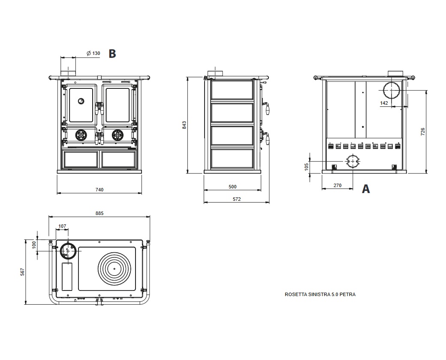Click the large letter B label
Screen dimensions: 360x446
[x=112, y=54]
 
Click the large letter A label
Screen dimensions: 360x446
[x=366, y=189]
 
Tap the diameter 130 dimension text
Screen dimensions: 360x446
[x=93, y=53]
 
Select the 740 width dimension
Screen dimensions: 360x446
[x=99, y=189]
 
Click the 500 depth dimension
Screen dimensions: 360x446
[x=232, y=187]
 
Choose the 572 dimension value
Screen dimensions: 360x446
[x=236, y=199]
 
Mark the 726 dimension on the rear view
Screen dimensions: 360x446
[x=423, y=131]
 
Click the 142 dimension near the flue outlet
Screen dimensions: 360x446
[x=384, y=103]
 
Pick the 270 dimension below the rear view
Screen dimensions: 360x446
[x=337, y=186]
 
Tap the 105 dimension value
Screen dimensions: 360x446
[x=307, y=166]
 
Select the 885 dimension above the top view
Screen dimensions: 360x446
[x=99, y=213]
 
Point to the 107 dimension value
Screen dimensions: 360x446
[x=62, y=226]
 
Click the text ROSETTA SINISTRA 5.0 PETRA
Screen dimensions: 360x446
[x=320, y=295]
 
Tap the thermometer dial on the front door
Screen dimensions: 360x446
[x=81, y=101]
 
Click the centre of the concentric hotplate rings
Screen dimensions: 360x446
[x=114, y=269]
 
